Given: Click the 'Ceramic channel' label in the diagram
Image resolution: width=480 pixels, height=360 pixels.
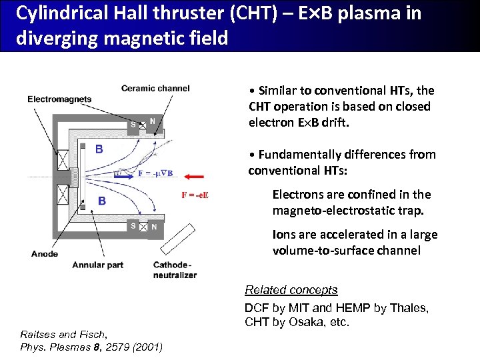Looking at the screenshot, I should [155, 88].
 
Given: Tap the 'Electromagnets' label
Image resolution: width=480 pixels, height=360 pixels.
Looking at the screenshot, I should [59, 99].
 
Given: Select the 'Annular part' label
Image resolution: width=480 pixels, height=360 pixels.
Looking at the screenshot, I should [99, 265].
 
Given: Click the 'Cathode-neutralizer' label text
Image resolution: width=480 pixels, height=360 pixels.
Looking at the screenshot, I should [175, 269].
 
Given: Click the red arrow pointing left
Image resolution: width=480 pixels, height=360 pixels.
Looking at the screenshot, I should [195, 177].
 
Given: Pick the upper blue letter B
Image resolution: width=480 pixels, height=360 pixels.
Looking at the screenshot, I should [99, 149].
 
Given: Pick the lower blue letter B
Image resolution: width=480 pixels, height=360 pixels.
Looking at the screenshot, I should [102, 201].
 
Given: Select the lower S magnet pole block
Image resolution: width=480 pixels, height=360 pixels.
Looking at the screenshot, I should [133, 227].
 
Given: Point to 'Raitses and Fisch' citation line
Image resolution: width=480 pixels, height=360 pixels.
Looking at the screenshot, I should [63, 334].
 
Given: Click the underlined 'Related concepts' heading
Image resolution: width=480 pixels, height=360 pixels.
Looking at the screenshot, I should [291, 290].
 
